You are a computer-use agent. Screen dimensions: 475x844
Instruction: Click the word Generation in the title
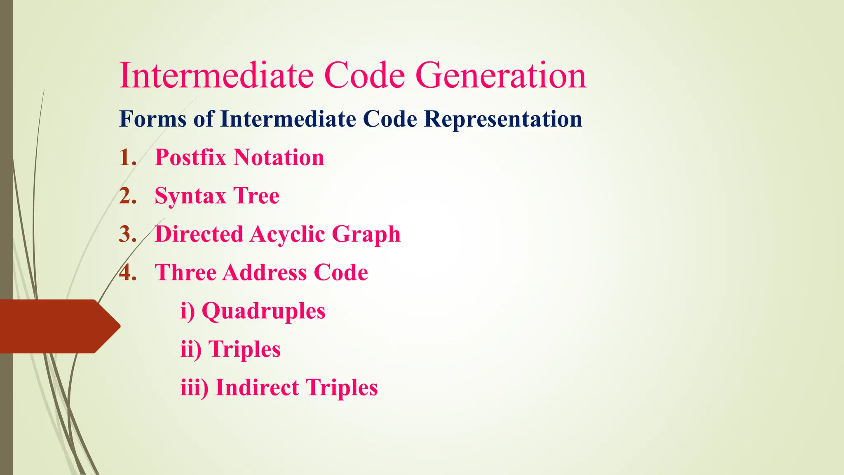500,76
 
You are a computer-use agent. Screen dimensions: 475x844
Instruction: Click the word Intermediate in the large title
216,76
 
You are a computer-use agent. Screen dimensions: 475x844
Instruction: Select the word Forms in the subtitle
152,119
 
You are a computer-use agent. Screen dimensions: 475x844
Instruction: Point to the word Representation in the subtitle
503,119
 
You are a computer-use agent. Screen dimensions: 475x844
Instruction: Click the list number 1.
127,158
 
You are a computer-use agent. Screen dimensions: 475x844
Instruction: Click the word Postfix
190,158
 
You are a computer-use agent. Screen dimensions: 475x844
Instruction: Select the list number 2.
127,196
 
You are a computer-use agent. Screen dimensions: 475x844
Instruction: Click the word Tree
256,196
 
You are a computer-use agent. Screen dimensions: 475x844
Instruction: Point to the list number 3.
127,234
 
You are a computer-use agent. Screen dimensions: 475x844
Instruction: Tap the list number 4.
127,273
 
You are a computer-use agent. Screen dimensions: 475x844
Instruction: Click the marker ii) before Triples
191,350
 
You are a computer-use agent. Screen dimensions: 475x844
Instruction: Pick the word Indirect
257,388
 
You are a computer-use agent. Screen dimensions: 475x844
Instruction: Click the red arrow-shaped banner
54,326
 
